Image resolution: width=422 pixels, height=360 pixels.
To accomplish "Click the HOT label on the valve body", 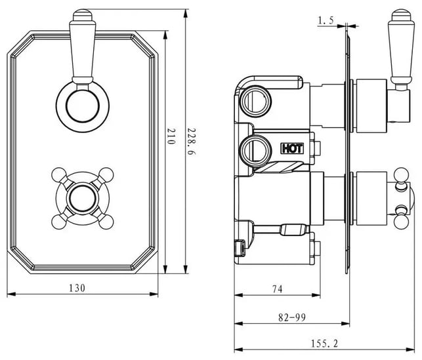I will tap(291, 148).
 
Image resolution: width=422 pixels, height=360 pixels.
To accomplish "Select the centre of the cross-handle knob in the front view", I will tap(81, 195).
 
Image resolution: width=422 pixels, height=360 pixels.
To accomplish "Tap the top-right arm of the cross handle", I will tap(101, 176).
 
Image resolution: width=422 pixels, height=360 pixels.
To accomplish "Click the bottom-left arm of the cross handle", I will tap(60, 215).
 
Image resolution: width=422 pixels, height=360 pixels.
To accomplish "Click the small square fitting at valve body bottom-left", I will tap(240, 248).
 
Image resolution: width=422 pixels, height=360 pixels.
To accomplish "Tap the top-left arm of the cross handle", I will tap(60, 175).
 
